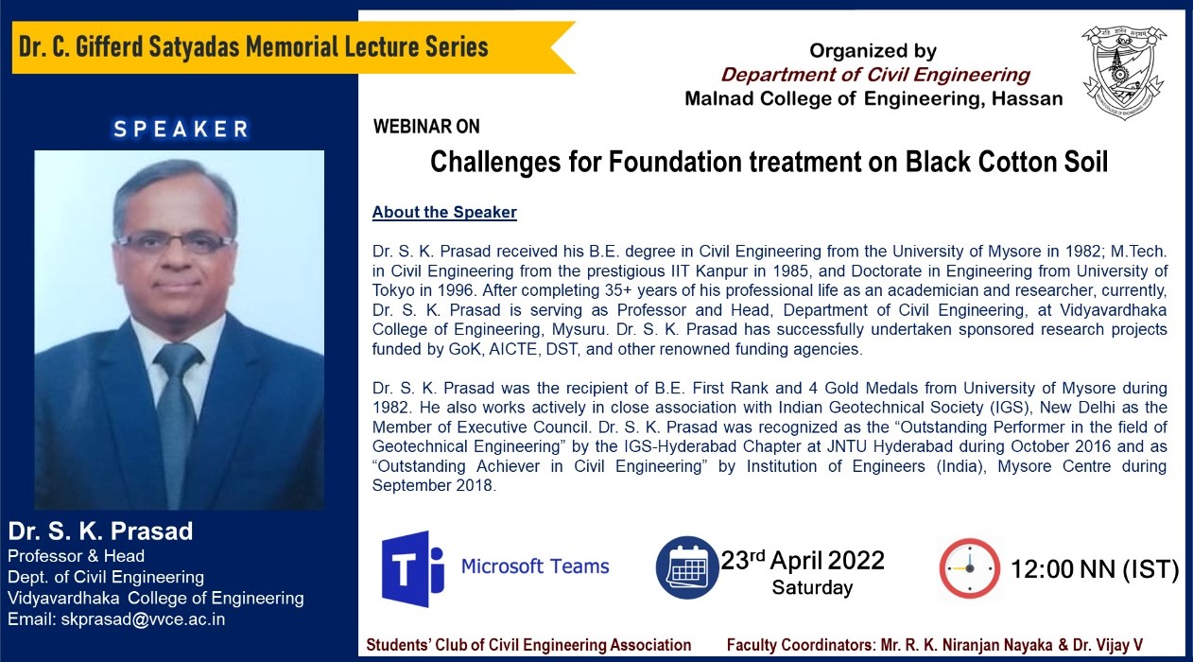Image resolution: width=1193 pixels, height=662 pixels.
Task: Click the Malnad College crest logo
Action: click(1124, 72)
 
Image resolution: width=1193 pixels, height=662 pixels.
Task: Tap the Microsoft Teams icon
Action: click(413, 568)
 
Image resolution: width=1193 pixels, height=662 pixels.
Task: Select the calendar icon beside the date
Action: click(687, 567)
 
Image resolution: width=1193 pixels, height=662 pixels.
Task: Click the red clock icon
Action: click(969, 568)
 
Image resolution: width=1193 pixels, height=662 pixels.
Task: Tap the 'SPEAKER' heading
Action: click(182, 129)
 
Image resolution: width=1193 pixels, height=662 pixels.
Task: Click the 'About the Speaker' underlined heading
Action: click(444, 212)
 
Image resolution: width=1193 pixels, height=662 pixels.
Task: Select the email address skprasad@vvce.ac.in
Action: click(143, 619)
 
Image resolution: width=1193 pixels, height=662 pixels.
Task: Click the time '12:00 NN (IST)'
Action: click(1095, 569)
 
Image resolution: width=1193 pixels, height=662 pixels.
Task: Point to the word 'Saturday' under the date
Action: click(812, 587)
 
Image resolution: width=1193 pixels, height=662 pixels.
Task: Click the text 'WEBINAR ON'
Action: click(426, 127)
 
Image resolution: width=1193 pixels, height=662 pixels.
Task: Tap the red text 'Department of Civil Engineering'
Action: click(875, 75)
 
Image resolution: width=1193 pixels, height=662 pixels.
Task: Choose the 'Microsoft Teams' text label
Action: click(535, 566)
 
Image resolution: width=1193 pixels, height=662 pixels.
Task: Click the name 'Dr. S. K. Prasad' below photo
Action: click(100, 531)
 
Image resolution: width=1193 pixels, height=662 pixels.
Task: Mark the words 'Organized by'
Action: click(873, 51)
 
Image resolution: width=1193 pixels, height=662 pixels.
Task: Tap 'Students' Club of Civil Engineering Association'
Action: click(528, 646)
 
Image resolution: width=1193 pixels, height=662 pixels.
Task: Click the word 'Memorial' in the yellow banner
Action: click(291, 47)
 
